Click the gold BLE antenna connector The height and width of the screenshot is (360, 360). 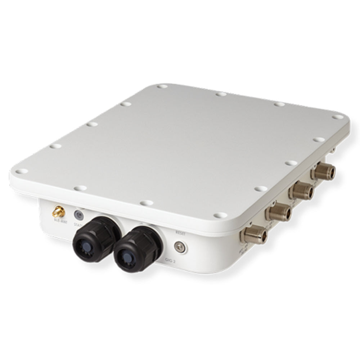tap(58, 211)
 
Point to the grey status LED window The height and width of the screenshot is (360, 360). tap(78, 215)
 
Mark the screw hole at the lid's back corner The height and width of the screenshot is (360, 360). tap(162, 86)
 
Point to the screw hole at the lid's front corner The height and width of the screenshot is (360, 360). tap(220, 215)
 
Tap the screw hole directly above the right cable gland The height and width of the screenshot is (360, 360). tap(146, 203)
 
